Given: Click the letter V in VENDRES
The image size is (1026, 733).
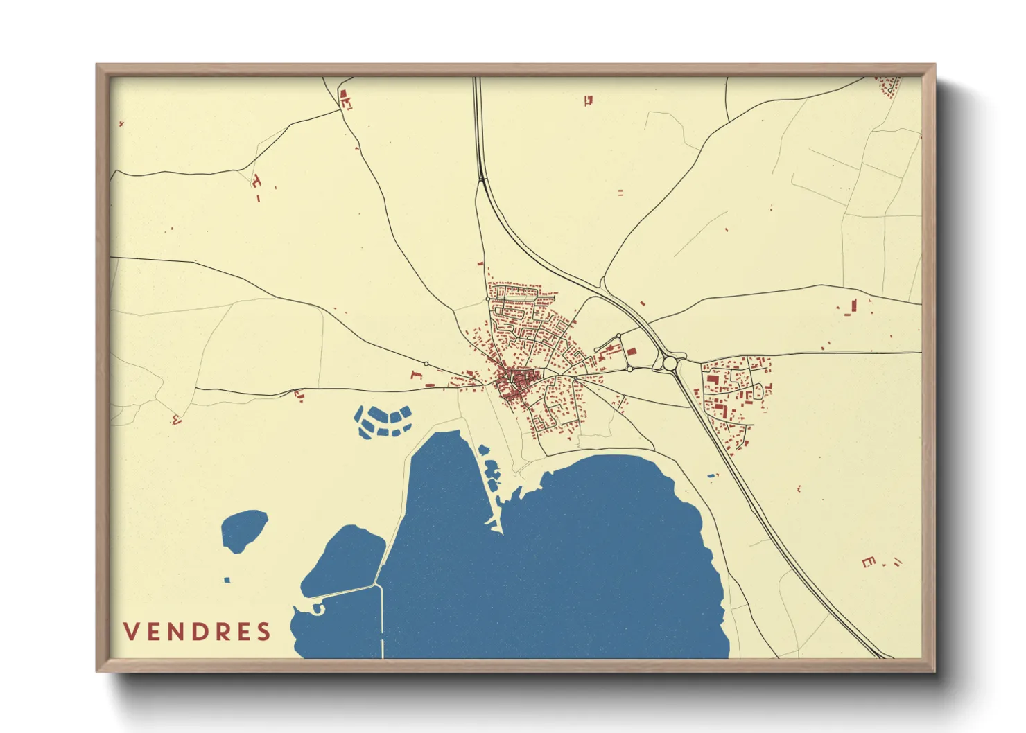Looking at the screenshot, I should (x=132, y=632).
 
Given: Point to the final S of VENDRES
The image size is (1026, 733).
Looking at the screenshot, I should (x=263, y=632).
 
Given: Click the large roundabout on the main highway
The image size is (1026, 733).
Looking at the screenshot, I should (x=670, y=363).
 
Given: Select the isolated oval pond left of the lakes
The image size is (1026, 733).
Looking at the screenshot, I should (x=244, y=530).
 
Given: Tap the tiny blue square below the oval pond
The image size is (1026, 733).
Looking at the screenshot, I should (x=227, y=580).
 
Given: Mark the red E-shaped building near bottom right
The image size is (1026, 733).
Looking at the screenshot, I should (x=869, y=562).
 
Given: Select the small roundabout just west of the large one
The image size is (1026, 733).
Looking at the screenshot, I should (x=629, y=369).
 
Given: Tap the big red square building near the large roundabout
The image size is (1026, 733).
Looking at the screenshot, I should (x=632, y=352).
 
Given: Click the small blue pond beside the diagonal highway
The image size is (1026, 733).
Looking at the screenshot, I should (x=711, y=475).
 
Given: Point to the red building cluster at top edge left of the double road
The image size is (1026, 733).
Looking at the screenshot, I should (x=345, y=99).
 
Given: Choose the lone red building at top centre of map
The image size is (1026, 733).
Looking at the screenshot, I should (x=589, y=100).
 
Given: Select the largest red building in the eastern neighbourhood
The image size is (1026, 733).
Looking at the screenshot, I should (x=712, y=379).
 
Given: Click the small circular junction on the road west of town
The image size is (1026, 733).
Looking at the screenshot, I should (x=426, y=364).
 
